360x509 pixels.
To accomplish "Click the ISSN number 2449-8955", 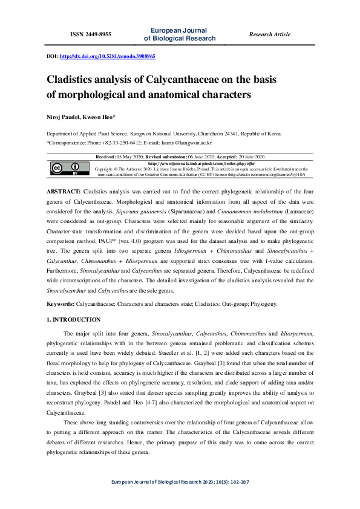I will point(91,34).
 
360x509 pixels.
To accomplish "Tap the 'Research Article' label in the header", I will point(270,34).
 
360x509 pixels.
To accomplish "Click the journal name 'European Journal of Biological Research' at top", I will point(180,34).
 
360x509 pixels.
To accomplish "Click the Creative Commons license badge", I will point(65,169).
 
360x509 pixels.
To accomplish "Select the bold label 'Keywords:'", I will point(61,304).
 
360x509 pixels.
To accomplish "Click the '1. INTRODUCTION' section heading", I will point(74,319).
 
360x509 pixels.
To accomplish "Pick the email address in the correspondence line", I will point(183,143).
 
